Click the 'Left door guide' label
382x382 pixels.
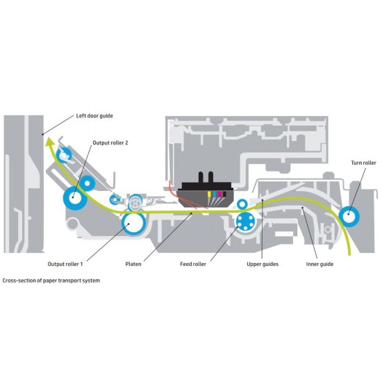[x=94, y=116]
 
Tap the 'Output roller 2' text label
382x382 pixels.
[x=110, y=143]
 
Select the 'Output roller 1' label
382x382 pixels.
[x=65, y=264]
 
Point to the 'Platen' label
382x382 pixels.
[x=133, y=264]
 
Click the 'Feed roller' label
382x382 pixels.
[x=193, y=264]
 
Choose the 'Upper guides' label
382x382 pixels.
[x=263, y=264]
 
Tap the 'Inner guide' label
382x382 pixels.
[x=319, y=264]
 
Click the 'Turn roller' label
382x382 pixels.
[x=363, y=163]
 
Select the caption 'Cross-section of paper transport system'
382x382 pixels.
[x=51, y=281]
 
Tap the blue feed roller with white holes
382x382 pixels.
[x=245, y=221]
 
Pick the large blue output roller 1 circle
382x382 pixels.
[x=134, y=224]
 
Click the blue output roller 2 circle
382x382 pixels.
[x=75, y=198]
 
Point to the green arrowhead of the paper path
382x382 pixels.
[x=51, y=142]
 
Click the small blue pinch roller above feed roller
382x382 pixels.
[x=242, y=204]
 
